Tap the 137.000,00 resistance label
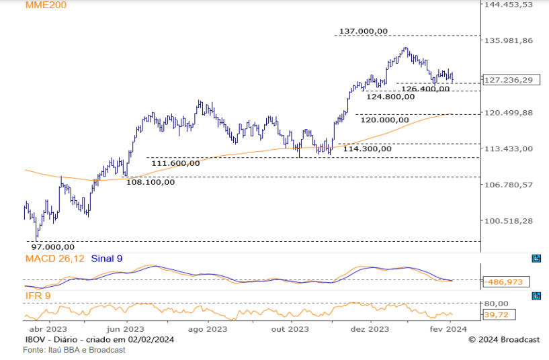click(x=364, y=31)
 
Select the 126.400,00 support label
click(x=425, y=89)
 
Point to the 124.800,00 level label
click(x=390, y=97)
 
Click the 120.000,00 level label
click(x=384, y=120)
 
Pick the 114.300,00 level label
click(x=367, y=148)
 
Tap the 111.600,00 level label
click(x=175, y=163)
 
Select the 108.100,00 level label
click(x=151, y=181)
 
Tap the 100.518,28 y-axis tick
click(x=509, y=221)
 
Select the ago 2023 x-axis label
click(x=207, y=329)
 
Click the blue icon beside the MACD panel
click(x=536, y=259)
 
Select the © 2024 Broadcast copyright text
click(x=504, y=340)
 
